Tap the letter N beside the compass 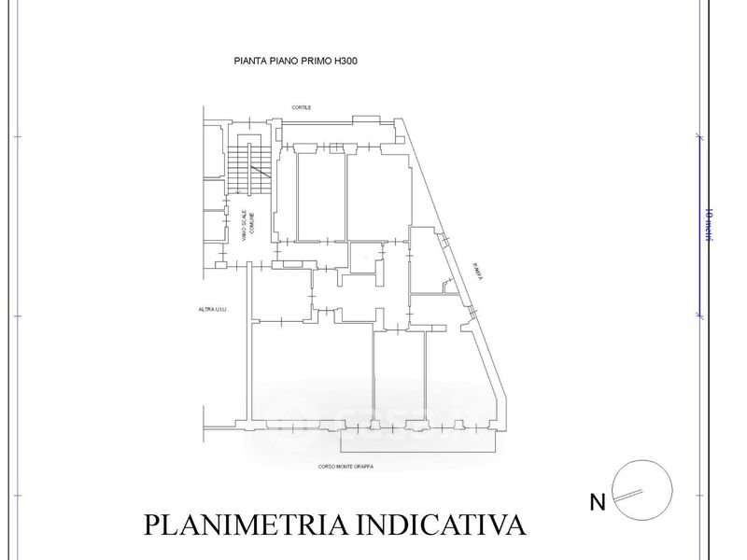click(x=597, y=503)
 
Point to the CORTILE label click(x=302, y=107)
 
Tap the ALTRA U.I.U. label click(x=213, y=310)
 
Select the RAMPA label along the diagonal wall click(x=478, y=272)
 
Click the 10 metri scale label click(x=709, y=225)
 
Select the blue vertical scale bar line click(x=698, y=224)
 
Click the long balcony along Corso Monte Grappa click(x=416, y=441)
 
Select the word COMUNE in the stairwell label click(x=251, y=224)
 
